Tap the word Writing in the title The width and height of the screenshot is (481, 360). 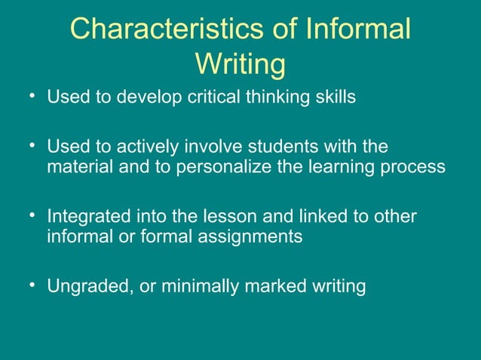click(240, 64)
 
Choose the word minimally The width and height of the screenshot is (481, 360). click(201, 287)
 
